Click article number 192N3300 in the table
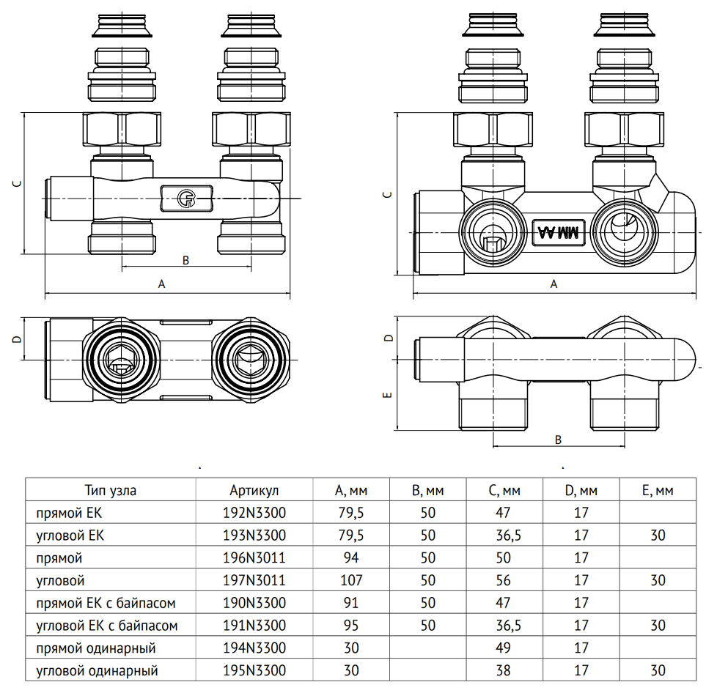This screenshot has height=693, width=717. (254, 513)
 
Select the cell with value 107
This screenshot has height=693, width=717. (351, 581)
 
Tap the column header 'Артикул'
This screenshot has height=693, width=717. (254, 490)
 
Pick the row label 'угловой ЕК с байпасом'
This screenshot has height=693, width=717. (107, 626)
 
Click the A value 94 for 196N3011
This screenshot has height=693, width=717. (351, 558)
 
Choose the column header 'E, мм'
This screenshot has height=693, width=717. (658, 490)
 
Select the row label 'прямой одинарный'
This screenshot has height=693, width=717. (96, 648)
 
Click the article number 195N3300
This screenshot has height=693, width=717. (254, 671)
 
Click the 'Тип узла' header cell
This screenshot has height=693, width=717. (110, 490)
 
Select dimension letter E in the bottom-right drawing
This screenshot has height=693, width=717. (389, 396)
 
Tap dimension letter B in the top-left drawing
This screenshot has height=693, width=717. (185, 260)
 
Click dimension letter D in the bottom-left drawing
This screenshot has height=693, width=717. (16, 339)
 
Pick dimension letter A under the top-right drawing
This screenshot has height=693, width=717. (554, 284)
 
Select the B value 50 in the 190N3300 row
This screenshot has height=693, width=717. (428, 604)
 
